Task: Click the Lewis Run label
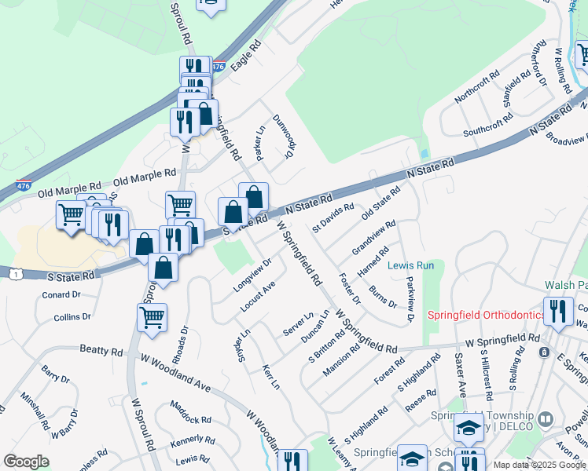(x=411, y=266)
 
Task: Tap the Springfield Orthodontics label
(x=486, y=315)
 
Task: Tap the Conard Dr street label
(x=61, y=295)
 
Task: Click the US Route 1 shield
(x=16, y=273)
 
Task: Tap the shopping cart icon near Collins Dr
(x=152, y=318)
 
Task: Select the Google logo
(x=27, y=461)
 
